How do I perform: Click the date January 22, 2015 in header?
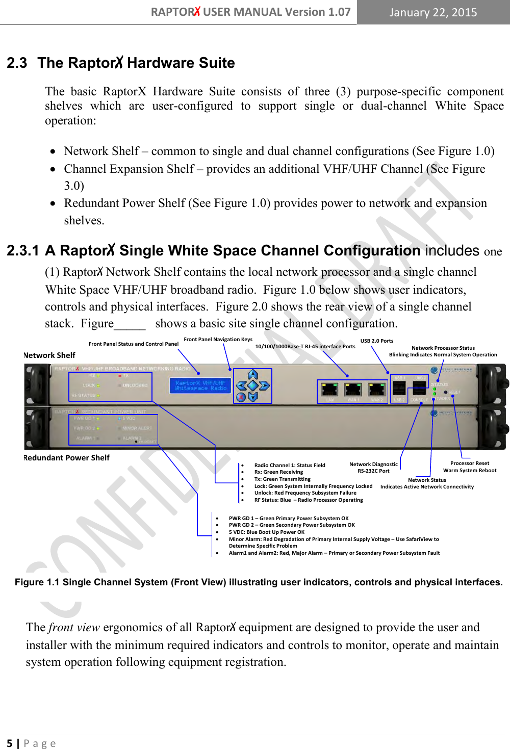pos(433,12)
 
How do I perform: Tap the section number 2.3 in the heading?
pos(17,63)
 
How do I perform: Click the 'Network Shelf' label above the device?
pos(49,355)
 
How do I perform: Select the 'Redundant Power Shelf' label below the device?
pos(67,458)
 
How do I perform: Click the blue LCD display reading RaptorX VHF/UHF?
pos(200,385)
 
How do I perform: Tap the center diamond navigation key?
pos(253,386)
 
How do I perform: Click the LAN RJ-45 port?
pos(330,390)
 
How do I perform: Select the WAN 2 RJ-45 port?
pos(377,390)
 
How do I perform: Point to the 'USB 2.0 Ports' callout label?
pos(377,341)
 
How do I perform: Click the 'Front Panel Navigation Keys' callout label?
pos(218,340)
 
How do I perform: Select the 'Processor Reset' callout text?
pos(470,463)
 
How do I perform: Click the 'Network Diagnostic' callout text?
pos(373,464)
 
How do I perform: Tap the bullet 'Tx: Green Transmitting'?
pos(282,479)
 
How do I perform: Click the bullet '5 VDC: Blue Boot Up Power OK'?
pos(266,532)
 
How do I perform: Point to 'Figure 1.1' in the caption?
pos(37,582)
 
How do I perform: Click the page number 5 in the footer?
pos(9,743)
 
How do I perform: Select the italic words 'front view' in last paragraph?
pos(74,628)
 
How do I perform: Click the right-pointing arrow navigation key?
pos(264,386)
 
